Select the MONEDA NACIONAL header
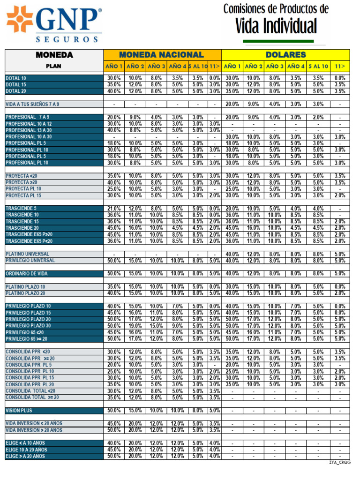pyautogui.click(x=161, y=55)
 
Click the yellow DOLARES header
pyautogui.click(x=285, y=55)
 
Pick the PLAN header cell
pyautogui.click(x=53, y=67)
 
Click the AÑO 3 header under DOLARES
pyautogui.click(x=275, y=67)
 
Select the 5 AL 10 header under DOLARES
pyautogui.click(x=318, y=67)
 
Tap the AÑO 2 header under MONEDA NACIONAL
pyautogui.click(x=135, y=67)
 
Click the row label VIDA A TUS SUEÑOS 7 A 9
pyautogui.click(x=33, y=104)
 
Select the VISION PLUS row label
pyautogui.click(x=19, y=411)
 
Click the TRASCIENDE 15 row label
pyautogui.click(x=22, y=221)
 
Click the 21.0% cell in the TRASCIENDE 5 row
pyautogui.click(x=114, y=209)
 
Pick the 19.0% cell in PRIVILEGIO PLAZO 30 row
pyautogui.click(x=135, y=326)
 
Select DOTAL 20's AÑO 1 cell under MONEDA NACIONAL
pyautogui.click(x=114, y=91)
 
